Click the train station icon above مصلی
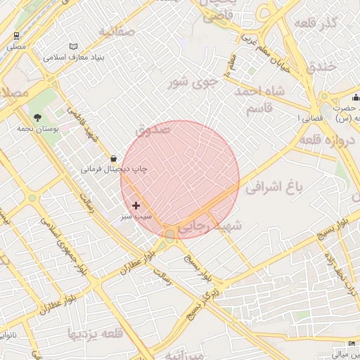(x=16, y=35)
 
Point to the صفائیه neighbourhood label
(x=117, y=32)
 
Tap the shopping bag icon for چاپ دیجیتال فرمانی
(x=114, y=159)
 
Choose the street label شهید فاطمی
(x=82, y=124)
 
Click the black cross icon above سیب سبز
(x=136, y=205)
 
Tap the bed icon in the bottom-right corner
(x=352, y=344)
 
